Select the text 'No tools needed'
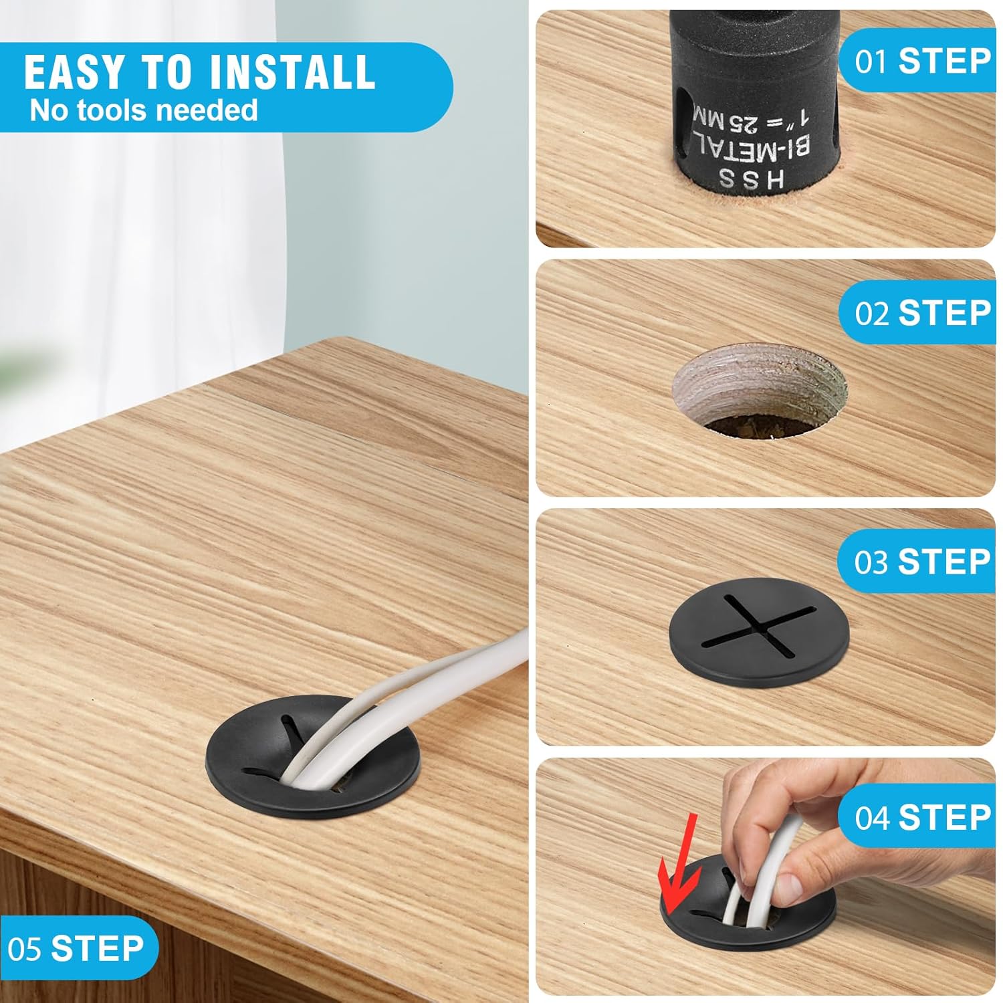[x=144, y=110]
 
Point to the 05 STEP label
[x=76, y=948]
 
